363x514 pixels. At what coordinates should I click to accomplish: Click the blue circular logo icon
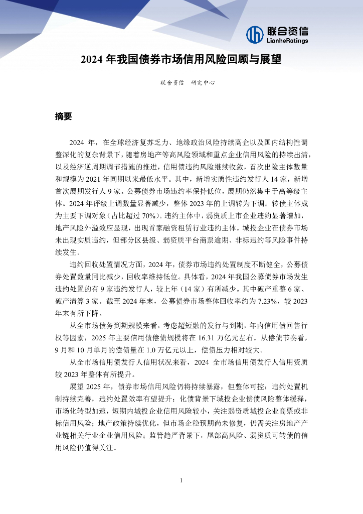[x=255, y=34]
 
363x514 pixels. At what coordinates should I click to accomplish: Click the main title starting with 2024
[x=181, y=60]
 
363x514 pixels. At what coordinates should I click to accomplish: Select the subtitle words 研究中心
[x=203, y=83]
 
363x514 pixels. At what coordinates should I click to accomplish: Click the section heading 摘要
[x=64, y=116]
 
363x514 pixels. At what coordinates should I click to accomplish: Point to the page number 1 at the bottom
[x=181, y=480]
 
